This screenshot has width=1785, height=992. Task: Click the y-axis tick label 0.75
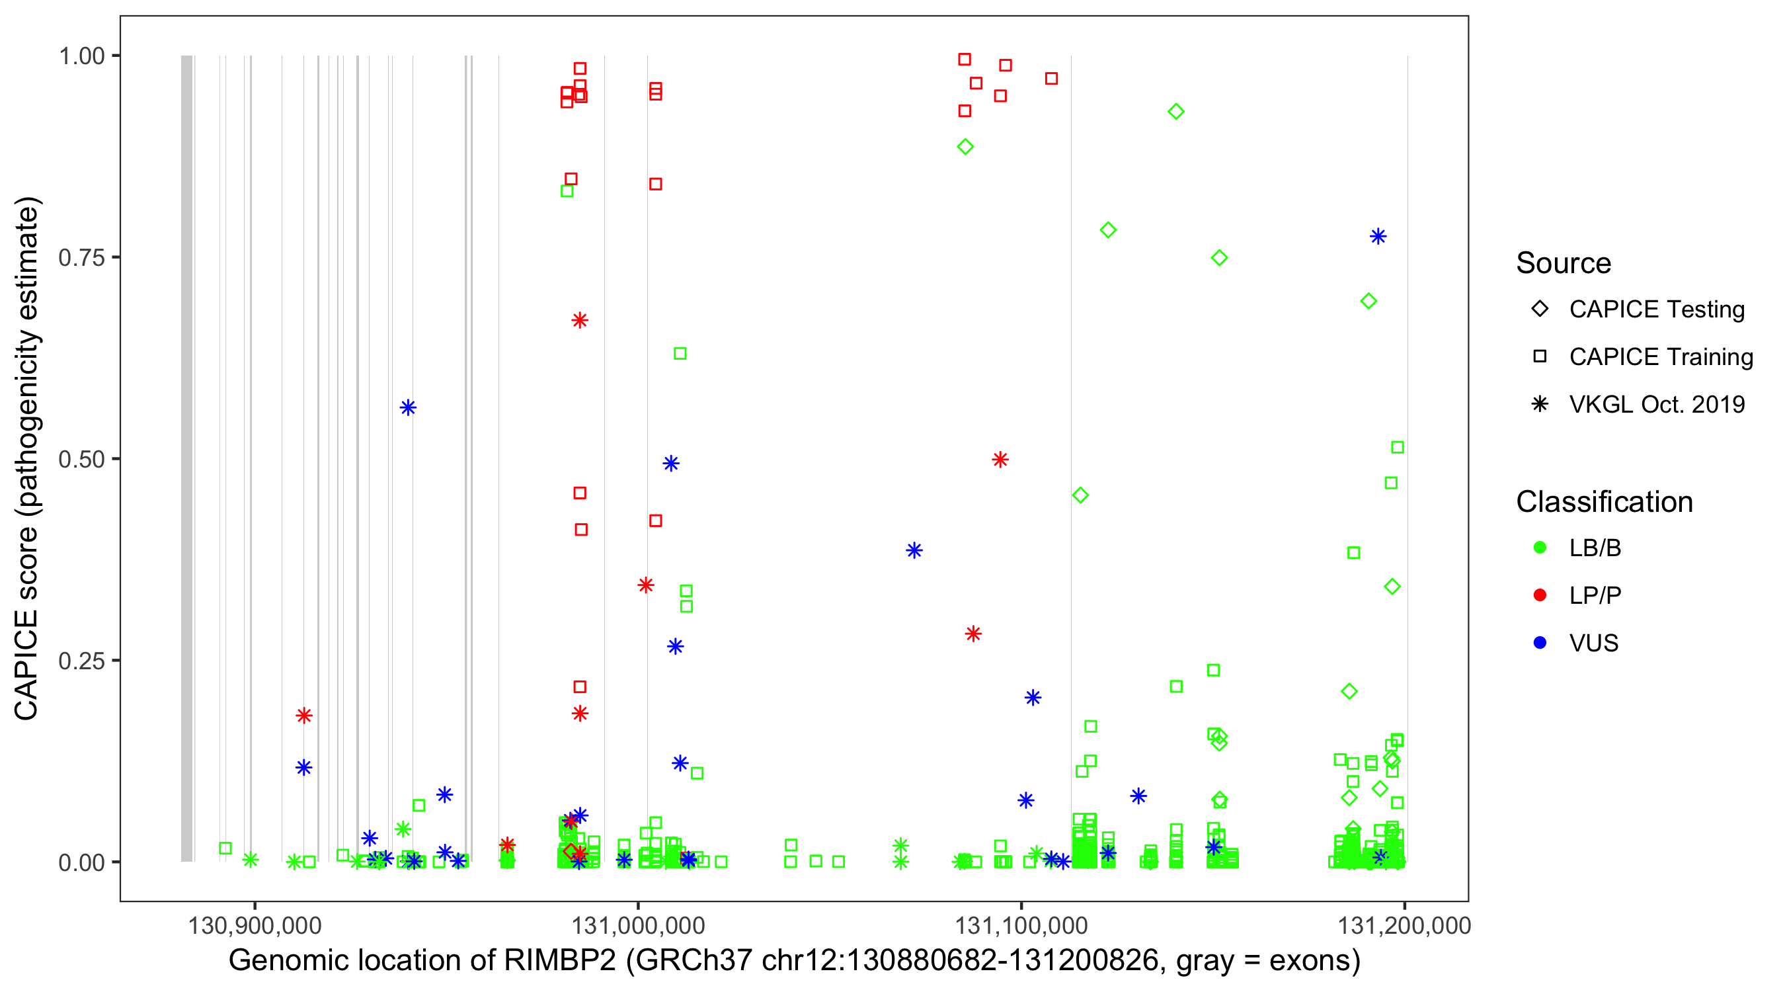tap(81, 258)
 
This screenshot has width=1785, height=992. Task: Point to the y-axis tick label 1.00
tap(81, 56)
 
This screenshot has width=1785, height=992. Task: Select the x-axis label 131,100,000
tap(1021, 925)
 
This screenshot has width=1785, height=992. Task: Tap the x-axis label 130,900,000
tap(255, 925)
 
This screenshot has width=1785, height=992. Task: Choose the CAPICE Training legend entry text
tap(1660, 357)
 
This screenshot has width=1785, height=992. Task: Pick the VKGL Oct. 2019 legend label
tap(1656, 404)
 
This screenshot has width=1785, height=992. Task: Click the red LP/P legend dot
tap(1540, 595)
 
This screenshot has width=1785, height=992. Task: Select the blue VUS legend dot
tap(1540, 643)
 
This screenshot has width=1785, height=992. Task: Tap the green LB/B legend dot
tap(1540, 548)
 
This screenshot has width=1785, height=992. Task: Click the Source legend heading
tap(1564, 263)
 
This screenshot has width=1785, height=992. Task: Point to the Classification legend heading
tap(1603, 502)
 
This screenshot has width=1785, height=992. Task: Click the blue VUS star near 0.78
tap(1378, 237)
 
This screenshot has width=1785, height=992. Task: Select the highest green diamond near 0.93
tap(1176, 112)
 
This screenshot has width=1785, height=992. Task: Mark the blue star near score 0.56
tap(408, 407)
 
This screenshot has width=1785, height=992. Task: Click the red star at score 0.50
tap(1000, 460)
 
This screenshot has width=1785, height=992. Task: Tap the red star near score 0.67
tap(580, 320)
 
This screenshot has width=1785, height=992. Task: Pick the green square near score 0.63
tap(680, 354)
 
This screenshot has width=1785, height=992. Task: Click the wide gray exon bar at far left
tap(186, 458)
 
